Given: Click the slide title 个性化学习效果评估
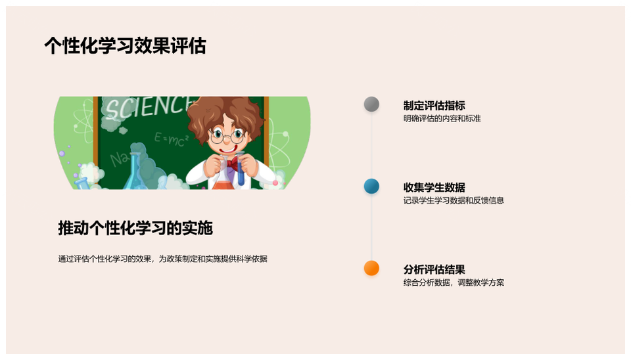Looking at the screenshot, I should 125,46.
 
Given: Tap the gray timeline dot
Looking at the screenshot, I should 371,104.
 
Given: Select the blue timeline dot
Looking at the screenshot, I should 371,186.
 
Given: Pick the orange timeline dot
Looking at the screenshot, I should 371,268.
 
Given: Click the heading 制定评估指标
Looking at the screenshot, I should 434,105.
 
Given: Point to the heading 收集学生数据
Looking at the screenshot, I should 434,187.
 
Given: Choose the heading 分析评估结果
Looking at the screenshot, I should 434,269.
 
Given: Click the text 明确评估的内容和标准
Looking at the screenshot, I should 442,119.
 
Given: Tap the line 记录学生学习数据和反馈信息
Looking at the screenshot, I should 454,201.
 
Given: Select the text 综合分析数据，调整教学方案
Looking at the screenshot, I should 454,283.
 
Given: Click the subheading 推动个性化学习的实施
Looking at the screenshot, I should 135,228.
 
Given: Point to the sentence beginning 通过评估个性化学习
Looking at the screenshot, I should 162,259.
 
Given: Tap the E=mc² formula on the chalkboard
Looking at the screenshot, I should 172,137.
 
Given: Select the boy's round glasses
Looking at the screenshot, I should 227,136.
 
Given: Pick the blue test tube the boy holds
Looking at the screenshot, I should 241,171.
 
